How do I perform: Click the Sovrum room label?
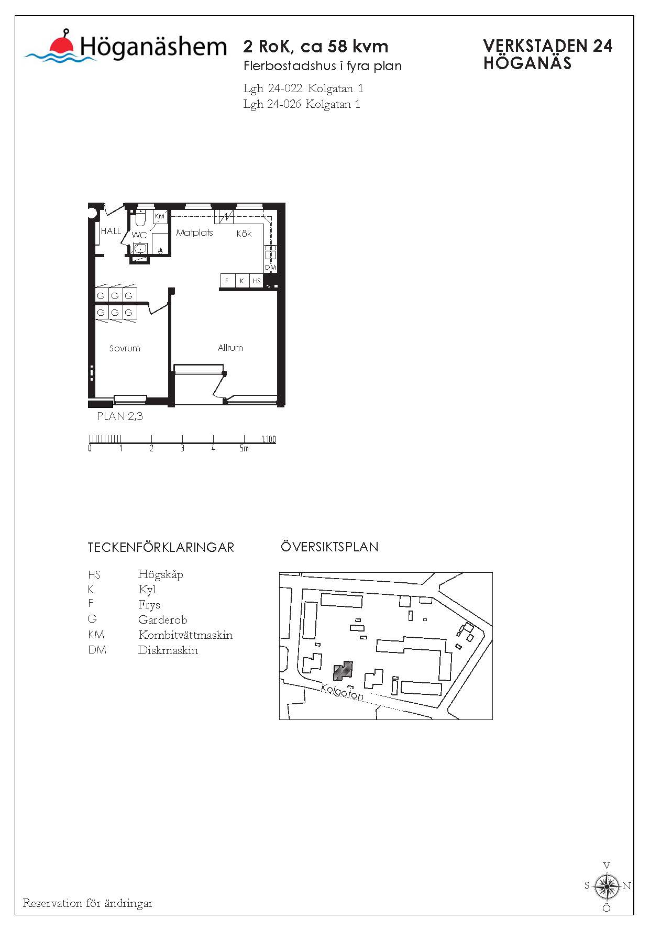point(125,348)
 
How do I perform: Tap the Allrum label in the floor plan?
point(230,348)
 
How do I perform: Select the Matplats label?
point(194,232)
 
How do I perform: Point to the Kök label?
point(244,234)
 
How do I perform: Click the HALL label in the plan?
point(111,231)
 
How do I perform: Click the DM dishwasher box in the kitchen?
point(270,267)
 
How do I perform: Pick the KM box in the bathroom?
point(160,216)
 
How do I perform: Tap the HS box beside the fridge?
point(257,281)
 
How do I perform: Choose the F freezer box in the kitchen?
point(227,281)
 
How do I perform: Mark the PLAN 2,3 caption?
point(120,416)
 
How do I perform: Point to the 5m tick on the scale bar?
point(244,448)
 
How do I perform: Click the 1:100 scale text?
point(268,439)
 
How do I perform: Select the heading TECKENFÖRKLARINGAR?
point(161,548)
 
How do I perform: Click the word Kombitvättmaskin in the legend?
point(185,635)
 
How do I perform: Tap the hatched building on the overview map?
point(343,671)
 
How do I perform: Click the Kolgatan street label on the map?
point(341,692)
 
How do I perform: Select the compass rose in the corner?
point(607,886)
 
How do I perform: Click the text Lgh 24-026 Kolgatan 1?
point(302,104)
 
